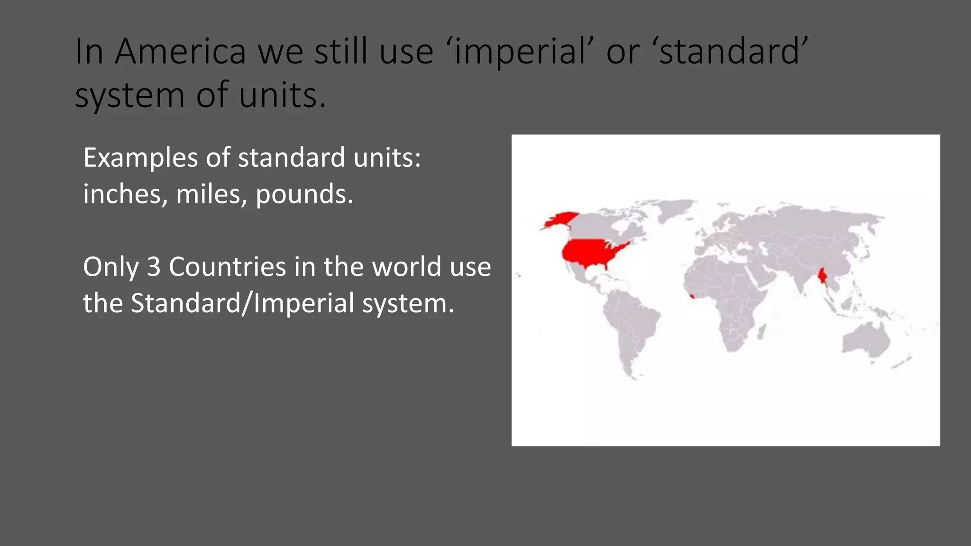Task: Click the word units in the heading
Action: click(283, 95)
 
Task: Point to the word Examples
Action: click(140, 158)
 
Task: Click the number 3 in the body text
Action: click(154, 267)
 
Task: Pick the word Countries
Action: click(228, 267)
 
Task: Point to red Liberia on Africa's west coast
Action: click(693, 297)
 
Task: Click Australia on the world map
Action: click(866, 338)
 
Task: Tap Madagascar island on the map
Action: click(761, 331)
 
